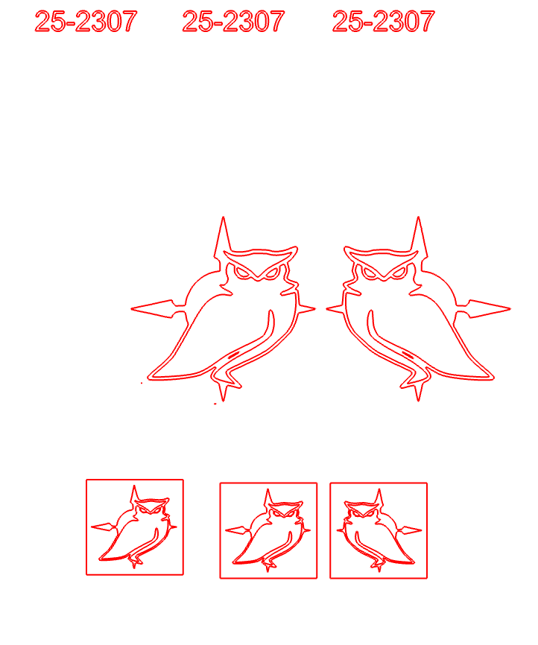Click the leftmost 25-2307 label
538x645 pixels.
tap(86, 22)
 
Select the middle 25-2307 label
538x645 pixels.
tap(233, 22)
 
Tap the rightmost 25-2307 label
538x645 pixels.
tap(383, 22)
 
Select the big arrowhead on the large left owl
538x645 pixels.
tap(153, 308)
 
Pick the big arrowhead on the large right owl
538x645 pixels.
tap(489, 308)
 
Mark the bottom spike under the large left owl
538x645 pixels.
tap(223, 391)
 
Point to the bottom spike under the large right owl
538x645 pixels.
tap(418, 391)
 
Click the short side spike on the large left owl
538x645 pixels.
tap(307, 308)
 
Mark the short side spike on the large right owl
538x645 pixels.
tap(335, 308)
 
